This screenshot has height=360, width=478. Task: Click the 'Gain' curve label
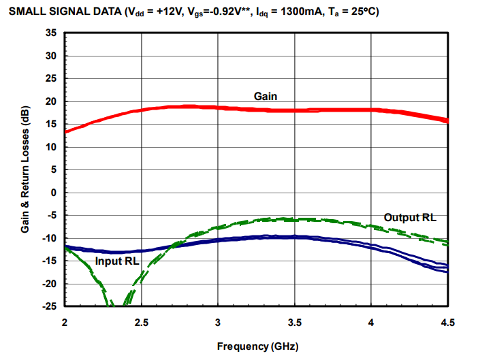(265, 96)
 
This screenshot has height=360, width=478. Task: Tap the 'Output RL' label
(409, 217)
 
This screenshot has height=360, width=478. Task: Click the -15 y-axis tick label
(50, 261)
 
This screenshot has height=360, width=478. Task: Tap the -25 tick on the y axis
(50, 307)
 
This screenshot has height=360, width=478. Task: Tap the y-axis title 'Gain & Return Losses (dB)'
(25, 170)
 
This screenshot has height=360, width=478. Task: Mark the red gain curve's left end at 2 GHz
(66, 131)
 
